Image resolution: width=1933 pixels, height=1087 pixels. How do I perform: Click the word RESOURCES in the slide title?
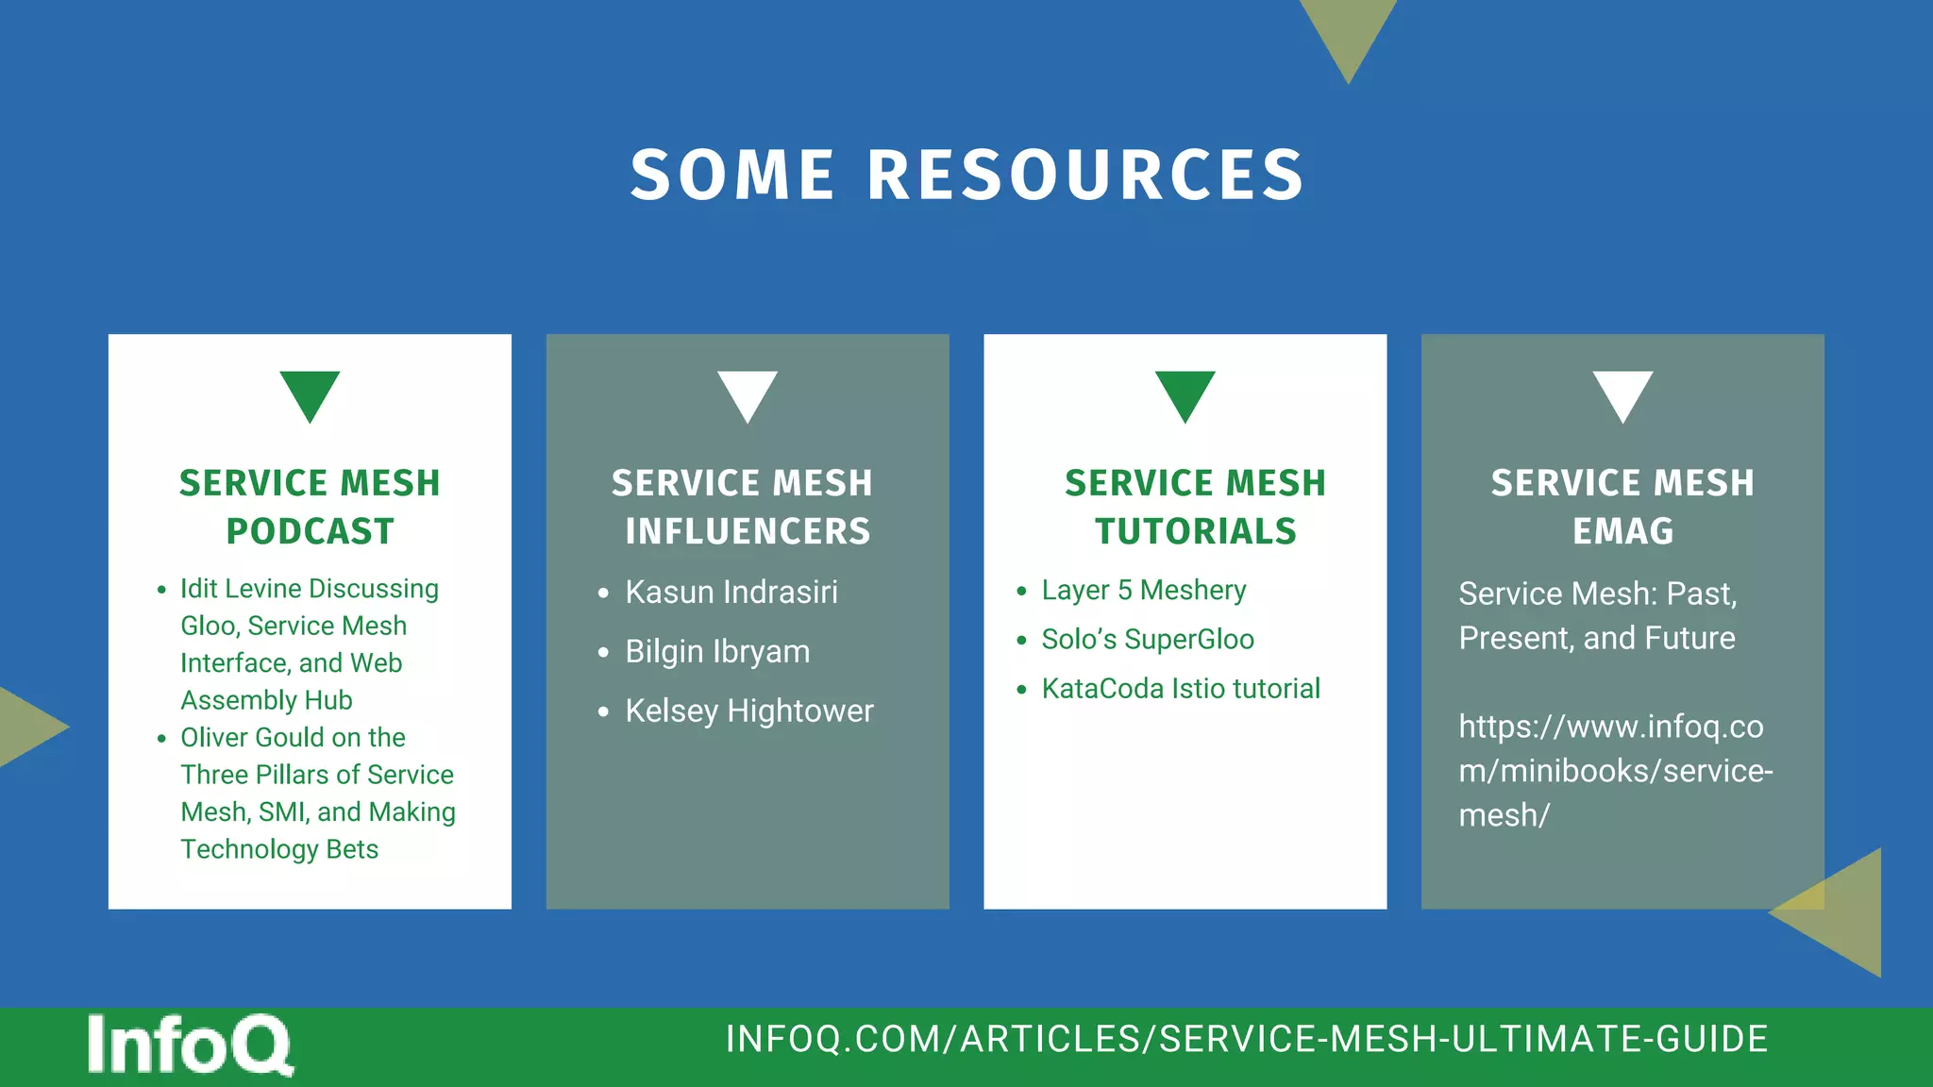pos(1085,176)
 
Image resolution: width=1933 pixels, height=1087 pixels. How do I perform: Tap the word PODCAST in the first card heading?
pos(310,531)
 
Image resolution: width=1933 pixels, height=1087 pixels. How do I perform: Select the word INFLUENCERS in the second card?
pos(748,531)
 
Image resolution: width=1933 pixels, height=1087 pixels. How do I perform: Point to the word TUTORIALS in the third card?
pos(1196,531)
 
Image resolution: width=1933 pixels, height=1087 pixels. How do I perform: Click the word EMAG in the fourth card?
pos(1622,531)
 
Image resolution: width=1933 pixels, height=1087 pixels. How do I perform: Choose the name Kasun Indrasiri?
pos(731,593)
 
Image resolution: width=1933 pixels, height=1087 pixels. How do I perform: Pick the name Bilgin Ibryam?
pos(717,652)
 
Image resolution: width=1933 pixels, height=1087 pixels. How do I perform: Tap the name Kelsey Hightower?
pos(749,711)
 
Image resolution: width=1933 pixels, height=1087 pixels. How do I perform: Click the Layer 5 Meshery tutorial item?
pos(1144,591)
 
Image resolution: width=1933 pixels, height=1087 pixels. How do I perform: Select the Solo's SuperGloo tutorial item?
pos(1148,640)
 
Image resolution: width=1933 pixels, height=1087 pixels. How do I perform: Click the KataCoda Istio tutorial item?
pos(1181,689)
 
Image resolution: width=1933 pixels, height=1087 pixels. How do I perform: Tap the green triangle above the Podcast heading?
pos(310,393)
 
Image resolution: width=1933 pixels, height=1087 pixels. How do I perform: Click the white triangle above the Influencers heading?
pos(748,393)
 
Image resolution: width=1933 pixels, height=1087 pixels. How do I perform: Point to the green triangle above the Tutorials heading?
pos(1185,393)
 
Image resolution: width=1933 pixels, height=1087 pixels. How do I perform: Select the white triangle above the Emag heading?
pos(1622,393)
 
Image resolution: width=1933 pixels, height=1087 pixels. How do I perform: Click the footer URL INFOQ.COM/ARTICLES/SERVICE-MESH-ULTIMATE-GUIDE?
pos(1247,1039)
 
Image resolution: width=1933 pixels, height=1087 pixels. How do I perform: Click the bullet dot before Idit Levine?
pos(161,591)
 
